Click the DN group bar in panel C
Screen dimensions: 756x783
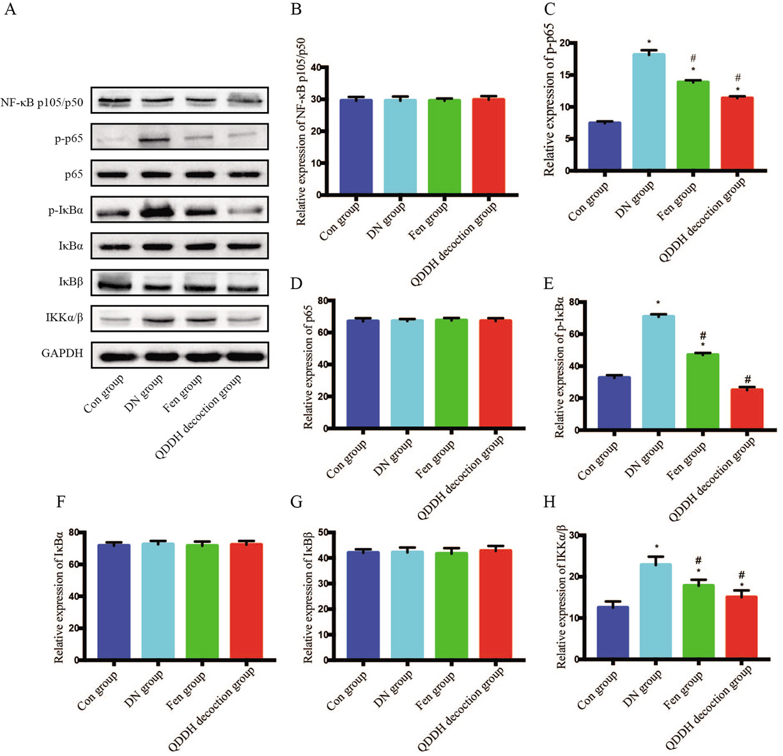pos(649,113)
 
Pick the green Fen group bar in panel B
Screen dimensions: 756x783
pos(444,146)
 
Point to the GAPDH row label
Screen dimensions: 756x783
pos(62,353)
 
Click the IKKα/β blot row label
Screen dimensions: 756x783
pos(63,317)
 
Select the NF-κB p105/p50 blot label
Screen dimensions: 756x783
pos(42,102)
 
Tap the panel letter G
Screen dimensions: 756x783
pos(296,501)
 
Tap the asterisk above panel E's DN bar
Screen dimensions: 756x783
pos(658,304)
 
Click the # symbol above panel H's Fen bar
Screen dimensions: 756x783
pos(699,561)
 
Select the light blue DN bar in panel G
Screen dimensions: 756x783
pos(407,605)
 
